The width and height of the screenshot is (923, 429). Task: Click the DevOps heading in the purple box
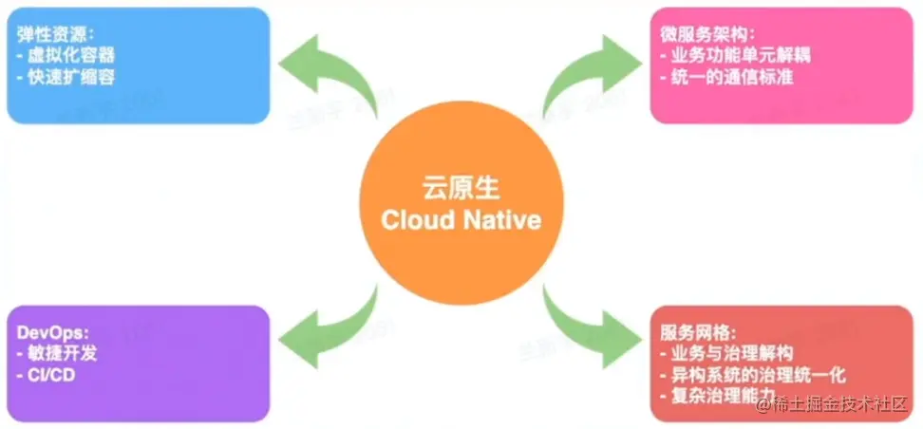(x=51, y=333)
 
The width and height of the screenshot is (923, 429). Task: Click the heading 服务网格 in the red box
(x=698, y=332)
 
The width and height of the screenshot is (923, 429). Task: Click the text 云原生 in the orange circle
(x=461, y=186)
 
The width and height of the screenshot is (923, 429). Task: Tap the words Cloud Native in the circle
(x=461, y=220)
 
